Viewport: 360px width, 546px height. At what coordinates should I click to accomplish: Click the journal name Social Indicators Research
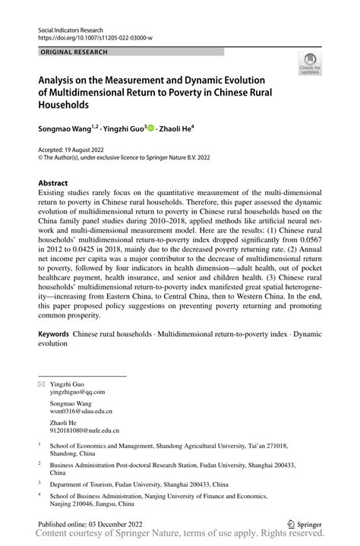70,27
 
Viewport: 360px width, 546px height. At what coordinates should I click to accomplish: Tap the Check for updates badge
310,66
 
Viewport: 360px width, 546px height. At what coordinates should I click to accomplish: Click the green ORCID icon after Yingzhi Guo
150,129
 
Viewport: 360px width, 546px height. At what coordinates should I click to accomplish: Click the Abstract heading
53,184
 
